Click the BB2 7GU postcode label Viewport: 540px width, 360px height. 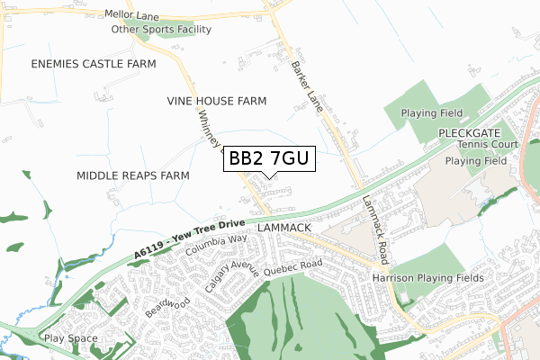(x=269, y=159)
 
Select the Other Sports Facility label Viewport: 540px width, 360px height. (x=161, y=30)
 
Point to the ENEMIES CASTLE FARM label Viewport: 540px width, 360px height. (x=94, y=64)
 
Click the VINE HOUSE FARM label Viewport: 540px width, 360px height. (x=217, y=102)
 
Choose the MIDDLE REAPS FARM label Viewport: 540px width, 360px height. (x=132, y=175)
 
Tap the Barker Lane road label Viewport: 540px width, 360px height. (x=309, y=87)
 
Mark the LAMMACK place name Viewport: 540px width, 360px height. (x=283, y=229)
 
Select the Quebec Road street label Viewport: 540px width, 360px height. (x=292, y=265)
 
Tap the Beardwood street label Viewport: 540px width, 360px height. (x=168, y=307)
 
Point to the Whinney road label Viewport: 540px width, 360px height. (x=206, y=131)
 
